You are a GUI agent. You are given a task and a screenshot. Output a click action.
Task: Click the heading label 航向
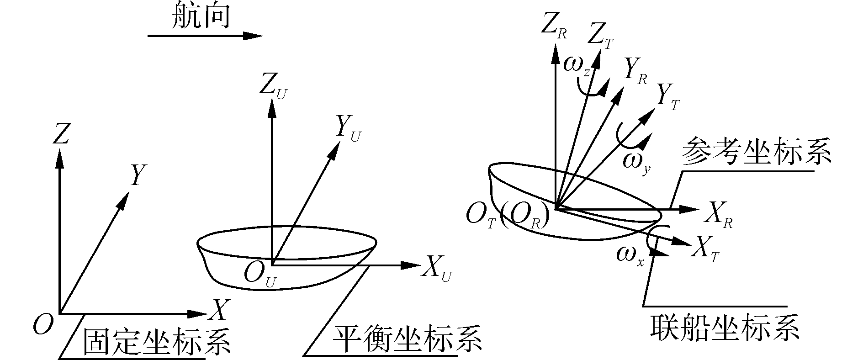(200, 17)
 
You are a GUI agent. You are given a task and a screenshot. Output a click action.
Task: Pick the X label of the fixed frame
(218, 310)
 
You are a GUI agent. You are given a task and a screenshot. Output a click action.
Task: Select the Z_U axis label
(274, 87)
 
